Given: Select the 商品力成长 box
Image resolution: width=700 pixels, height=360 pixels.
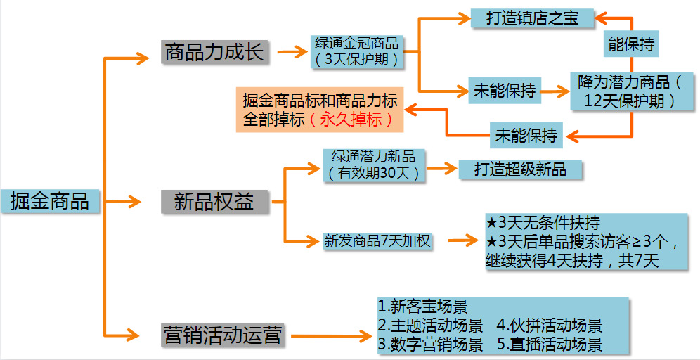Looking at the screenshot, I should [x=214, y=52].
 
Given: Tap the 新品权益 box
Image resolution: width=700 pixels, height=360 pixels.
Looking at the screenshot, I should [x=214, y=202].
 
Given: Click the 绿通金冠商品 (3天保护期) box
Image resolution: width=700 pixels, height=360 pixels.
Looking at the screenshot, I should [x=358, y=51].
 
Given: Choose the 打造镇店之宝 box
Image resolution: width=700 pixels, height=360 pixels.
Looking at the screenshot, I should [x=532, y=18].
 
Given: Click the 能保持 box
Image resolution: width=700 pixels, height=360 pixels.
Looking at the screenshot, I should [x=630, y=44].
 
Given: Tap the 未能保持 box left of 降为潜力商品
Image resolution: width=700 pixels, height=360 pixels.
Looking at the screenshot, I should [x=504, y=90].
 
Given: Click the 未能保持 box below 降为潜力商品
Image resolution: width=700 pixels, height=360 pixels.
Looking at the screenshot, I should [x=526, y=134].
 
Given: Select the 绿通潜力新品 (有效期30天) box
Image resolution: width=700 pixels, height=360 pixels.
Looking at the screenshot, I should [x=374, y=165].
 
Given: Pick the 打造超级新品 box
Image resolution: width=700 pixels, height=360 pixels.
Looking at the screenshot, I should [x=520, y=169].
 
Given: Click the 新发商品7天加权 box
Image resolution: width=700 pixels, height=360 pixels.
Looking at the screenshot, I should [x=377, y=240].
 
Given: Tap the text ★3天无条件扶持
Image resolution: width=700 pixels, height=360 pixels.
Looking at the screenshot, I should [x=543, y=224].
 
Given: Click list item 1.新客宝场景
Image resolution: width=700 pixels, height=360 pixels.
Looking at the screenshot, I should [x=422, y=307].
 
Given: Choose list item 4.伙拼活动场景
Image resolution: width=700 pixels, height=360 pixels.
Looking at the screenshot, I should [x=549, y=326].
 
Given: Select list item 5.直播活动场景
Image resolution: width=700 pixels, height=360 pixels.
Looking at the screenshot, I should [x=549, y=345].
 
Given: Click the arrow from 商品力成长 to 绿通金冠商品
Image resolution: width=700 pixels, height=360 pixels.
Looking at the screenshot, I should [x=291, y=52].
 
